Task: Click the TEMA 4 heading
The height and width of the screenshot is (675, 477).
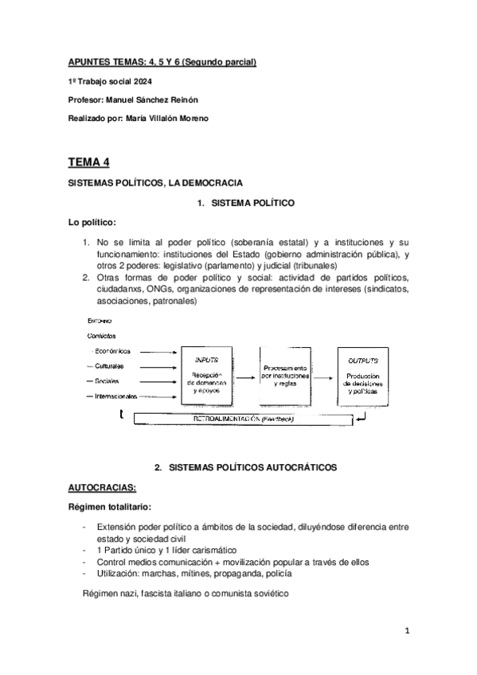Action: click(x=88, y=162)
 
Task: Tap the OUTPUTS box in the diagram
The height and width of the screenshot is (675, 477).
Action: click(x=366, y=373)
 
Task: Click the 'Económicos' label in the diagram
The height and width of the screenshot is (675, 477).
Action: click(x=111, y=350)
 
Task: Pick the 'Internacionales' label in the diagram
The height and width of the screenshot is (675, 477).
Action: click(x=117, y=396)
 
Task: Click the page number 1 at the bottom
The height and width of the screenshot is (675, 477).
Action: click(x=406, y=630)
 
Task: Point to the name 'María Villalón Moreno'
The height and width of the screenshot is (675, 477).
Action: click(x=170, y=118)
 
